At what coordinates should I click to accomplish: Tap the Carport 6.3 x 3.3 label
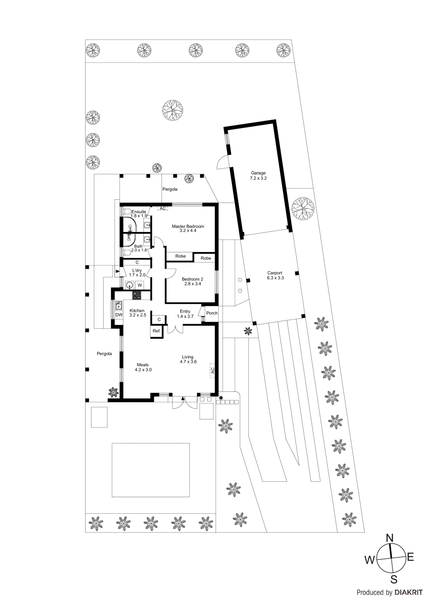coord(275,275)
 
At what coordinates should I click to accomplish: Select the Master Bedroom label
coord(188,228)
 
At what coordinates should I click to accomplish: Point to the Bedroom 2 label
coord(192,281)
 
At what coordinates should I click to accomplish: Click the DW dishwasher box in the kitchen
coord(119,315)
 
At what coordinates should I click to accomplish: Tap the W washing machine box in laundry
coord(140,285)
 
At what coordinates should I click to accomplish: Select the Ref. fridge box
coord(157,331)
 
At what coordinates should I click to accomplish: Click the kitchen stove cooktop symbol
coord(137,295)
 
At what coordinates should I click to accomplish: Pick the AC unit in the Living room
coord(212,370)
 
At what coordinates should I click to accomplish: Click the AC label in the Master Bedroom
coord(163,208)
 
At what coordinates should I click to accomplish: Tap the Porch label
coord(212,313)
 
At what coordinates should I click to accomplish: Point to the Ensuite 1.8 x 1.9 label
coord(139,213)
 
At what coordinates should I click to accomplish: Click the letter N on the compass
coord(389,538)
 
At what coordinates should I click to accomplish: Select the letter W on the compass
coord(369,560)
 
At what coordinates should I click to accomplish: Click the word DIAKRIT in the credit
coord(408,592)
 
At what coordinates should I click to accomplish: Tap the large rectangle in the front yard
coord(151,470)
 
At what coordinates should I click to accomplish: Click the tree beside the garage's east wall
coord(303,208)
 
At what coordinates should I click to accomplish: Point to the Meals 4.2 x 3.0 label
coord(143,367)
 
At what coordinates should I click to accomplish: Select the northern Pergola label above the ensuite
coord(170,189)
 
